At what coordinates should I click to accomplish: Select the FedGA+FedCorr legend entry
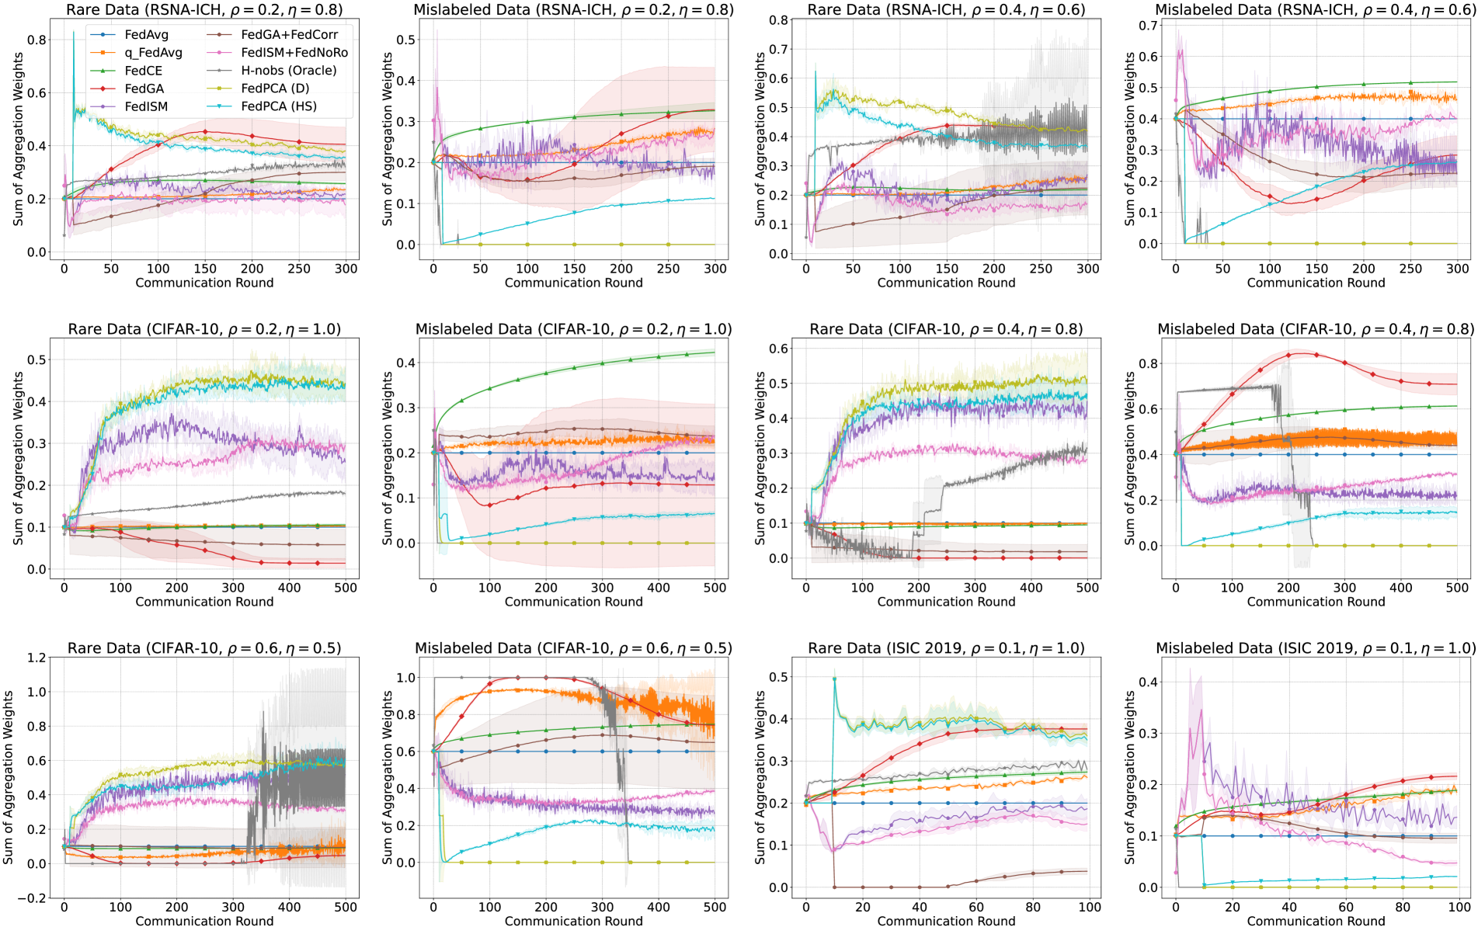[x=289, y=35]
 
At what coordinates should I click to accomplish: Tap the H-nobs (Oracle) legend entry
[x=289, y=71]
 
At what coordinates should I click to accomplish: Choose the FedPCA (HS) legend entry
[x=279, y=106]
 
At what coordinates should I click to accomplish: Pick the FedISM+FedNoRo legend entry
[x=294, y=53]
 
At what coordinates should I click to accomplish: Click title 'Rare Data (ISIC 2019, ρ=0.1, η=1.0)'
[x=946, y=648]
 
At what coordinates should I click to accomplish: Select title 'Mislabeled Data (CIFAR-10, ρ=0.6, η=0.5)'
[x=573, y=648]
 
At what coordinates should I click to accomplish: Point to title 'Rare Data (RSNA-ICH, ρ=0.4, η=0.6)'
[x=946, y=10]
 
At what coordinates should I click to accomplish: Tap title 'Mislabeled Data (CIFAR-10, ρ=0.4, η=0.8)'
[x=1316, y=329]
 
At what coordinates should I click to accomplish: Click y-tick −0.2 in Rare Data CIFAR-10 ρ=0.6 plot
[x=32, y=898]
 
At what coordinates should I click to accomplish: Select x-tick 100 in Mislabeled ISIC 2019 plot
[x=1459, y=907]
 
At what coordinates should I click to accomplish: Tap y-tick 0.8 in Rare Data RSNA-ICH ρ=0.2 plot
[x=37, y=40]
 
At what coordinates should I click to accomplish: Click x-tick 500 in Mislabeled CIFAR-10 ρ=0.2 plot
[x=715, y=588]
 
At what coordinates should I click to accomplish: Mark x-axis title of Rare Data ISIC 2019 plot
[x=946, y=922]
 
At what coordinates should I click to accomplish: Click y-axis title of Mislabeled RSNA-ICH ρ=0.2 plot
[x=388, y=140]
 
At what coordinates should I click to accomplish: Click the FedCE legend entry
[x=143, y=71]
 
